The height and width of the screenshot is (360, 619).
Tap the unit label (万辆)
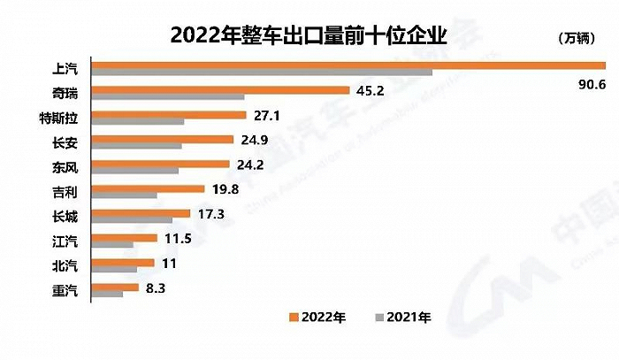tap(579, 37)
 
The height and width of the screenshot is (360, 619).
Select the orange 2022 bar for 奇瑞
tap(221, 89)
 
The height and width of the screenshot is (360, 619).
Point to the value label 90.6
tap(586, 84)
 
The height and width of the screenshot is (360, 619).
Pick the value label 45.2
tap(368, 90)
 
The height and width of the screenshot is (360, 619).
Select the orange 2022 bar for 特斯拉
tap(169, 114)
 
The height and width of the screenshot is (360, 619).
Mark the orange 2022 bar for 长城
tap(141, 213)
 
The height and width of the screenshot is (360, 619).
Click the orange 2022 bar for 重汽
tap(115, 287)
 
